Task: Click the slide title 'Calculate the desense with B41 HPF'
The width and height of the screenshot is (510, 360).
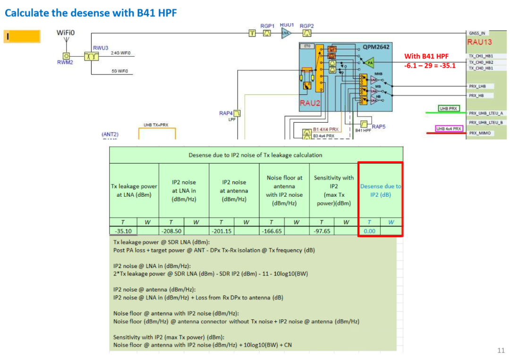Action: pos(91,13)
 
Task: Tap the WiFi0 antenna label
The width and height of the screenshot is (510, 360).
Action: pos(66,33)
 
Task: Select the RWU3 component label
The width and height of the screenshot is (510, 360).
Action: pos(101,48)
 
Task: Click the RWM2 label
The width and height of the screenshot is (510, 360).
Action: pos(65,62)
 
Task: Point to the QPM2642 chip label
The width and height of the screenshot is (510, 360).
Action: pos(376,47)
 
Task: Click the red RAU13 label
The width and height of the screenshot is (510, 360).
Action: pos(479,42)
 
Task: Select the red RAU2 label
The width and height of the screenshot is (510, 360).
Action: pos(310,103)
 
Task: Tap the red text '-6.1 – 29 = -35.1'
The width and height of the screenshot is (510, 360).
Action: pos(430,66)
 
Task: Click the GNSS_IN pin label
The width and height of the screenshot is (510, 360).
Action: pos(477,33)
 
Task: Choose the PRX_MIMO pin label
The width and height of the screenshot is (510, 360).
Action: pos(479,133)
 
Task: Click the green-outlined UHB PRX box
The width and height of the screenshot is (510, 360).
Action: pos(449,109)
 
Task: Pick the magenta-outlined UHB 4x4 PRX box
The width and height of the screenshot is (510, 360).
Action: pos(449,128)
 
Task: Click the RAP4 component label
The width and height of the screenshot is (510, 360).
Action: pos(226,113)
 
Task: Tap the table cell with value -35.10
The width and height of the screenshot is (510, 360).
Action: pos(123,231)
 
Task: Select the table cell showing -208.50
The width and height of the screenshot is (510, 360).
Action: pos(171,231)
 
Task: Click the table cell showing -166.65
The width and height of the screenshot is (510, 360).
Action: pos(272,231)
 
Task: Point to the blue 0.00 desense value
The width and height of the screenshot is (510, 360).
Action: pos(369,231)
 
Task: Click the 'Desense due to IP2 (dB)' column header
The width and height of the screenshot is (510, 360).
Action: pos(380,190)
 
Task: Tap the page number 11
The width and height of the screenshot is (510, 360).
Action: pos(501,350)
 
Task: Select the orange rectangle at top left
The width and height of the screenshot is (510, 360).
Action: pos(22,36)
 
